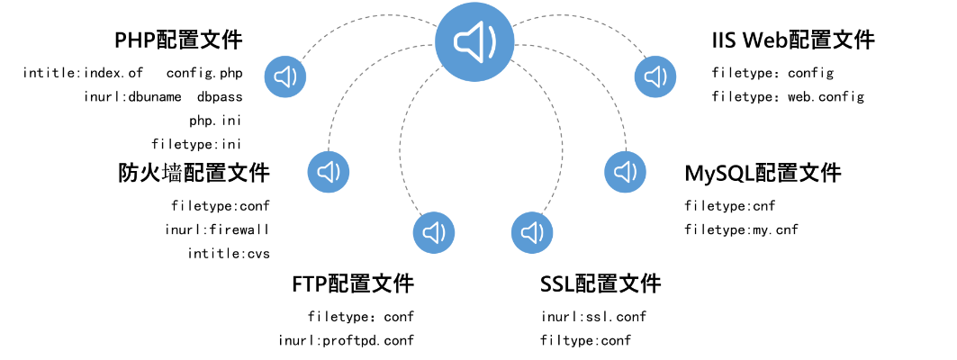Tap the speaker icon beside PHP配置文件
286,76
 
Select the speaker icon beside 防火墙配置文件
329,171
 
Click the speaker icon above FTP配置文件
434,233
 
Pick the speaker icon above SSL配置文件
532,233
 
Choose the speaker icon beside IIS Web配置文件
655,76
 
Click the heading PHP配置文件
178,40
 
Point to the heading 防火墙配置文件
194,173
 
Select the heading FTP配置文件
353,284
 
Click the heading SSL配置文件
600,284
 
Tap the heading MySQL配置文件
763,173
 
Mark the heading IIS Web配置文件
792,40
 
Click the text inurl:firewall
217,229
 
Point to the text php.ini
215,120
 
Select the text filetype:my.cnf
741,229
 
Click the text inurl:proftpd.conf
346,340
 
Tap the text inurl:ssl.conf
593,317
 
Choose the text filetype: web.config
788,96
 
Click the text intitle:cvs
229,253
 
